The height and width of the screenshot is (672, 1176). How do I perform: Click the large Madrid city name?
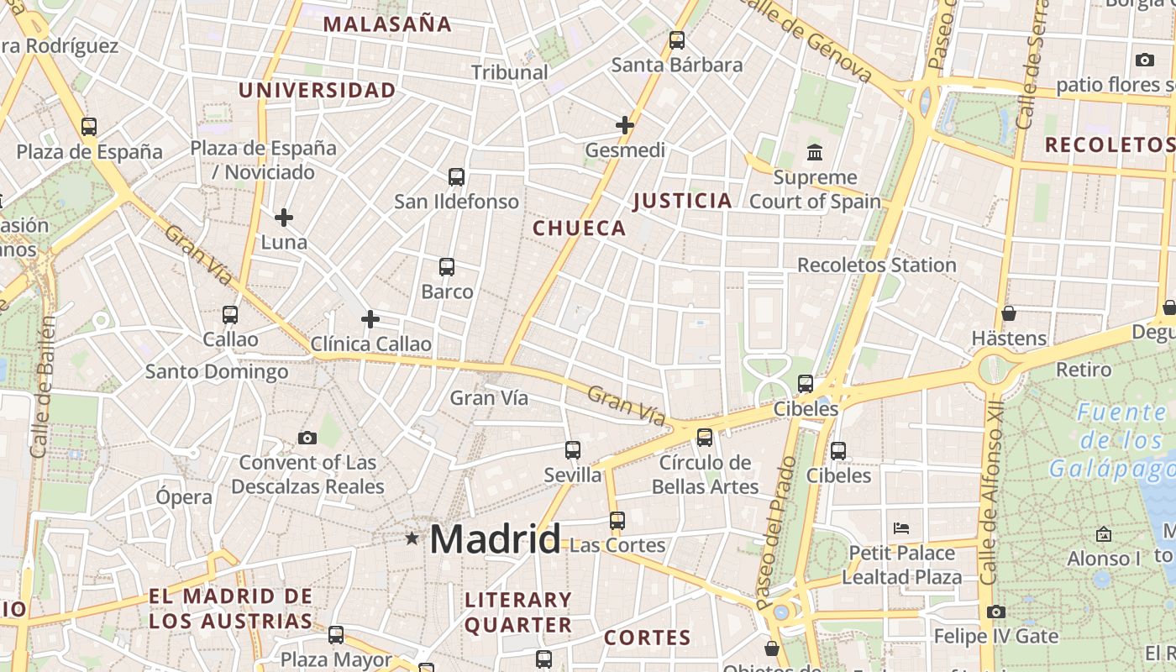click(x=495, y=538)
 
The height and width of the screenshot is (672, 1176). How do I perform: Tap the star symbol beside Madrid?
click(x=412, y=538)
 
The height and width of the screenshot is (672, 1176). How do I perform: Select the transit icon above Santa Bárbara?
click(x=676, y=39)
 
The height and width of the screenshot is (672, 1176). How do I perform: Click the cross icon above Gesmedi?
click(x=624, y=125)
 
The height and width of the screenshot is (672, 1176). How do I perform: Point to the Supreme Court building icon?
click(x=814, y=153)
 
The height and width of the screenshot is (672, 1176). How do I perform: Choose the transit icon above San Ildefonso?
click(x=456, y=177)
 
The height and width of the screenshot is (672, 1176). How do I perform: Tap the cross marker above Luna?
click(x=284, y=218)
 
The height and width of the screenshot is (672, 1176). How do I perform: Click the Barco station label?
click(x=447, y=292)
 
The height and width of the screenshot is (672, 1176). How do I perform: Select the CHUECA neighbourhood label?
click(x=580, y=228)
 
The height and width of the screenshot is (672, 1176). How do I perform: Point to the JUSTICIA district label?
click(x=682, y=201)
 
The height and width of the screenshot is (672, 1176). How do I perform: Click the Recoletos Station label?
click(x=876, y=265)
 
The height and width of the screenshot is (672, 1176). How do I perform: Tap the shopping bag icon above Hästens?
click(x=1008, y=313)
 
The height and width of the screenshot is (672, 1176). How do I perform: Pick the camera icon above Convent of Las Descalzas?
click(x=307, y=438)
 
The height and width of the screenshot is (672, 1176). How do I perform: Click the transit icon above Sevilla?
click(x=573, y=450)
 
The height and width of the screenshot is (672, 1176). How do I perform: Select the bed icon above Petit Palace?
click(x=901, y=528)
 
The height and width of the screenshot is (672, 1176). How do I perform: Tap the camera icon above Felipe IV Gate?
click(x=995, y=612)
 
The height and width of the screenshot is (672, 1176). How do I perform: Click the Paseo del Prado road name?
click(x=775, y=533)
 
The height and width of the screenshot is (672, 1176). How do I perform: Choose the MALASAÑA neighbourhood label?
click(x=387, y=24)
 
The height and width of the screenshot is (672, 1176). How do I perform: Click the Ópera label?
click(x=184, y=496)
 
